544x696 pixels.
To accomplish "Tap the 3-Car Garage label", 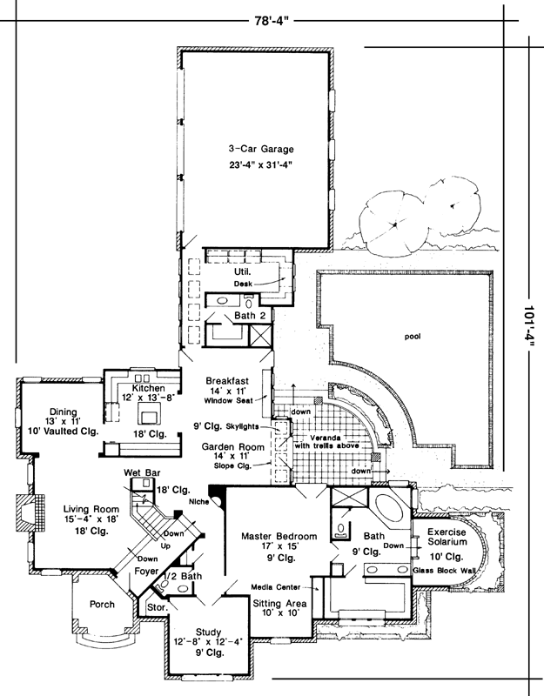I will point(256,148).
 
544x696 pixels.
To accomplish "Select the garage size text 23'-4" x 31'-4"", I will point(256,164).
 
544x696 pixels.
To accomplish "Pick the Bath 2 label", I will point(249,316).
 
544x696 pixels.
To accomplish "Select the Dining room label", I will point(64,411).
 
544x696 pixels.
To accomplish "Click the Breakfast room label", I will point(227,380).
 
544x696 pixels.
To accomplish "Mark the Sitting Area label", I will point(278,602).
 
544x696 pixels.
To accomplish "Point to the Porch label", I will point(102,604).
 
